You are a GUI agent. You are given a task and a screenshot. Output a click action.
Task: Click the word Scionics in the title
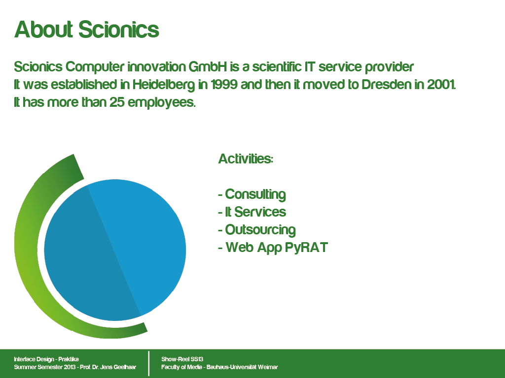click(118, 30)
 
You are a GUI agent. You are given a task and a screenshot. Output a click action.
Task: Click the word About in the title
click(43, 30)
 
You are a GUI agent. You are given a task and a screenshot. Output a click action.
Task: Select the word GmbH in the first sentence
click(208, 67)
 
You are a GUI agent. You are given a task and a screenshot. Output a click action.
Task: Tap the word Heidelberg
click(164, 85)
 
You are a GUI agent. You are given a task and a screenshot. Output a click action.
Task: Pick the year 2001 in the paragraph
click(441, 85)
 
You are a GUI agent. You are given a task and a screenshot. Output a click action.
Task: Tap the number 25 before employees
click(116, 102)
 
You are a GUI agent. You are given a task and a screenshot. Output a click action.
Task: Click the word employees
click(161, 103)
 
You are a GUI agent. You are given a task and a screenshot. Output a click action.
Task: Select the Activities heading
click(246, 159)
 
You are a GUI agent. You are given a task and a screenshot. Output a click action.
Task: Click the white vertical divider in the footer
click(149, 363)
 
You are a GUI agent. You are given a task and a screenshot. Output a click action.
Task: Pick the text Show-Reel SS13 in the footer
click(182, 359)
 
